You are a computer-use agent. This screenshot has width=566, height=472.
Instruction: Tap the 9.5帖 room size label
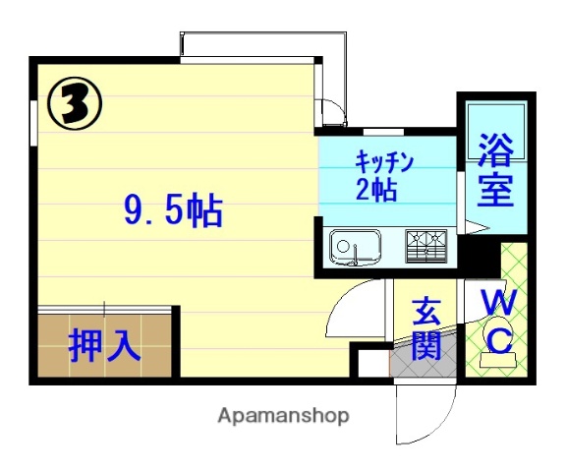pyautogui.click(x=174, y=210)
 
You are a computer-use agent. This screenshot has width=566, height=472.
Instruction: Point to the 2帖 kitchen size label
pyautogui.click(x=376, y=189)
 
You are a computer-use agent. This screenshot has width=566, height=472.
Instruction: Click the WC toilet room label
pyautogui.click(x=499, y=320)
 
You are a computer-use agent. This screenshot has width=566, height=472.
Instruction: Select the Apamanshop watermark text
pyautogui.click(x=284, y=416)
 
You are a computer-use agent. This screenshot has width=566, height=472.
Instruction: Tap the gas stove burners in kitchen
pyautogui.click(x=425, y=244)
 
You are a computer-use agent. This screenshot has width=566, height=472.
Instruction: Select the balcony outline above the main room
pyautogui.click(x=263, y=45)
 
